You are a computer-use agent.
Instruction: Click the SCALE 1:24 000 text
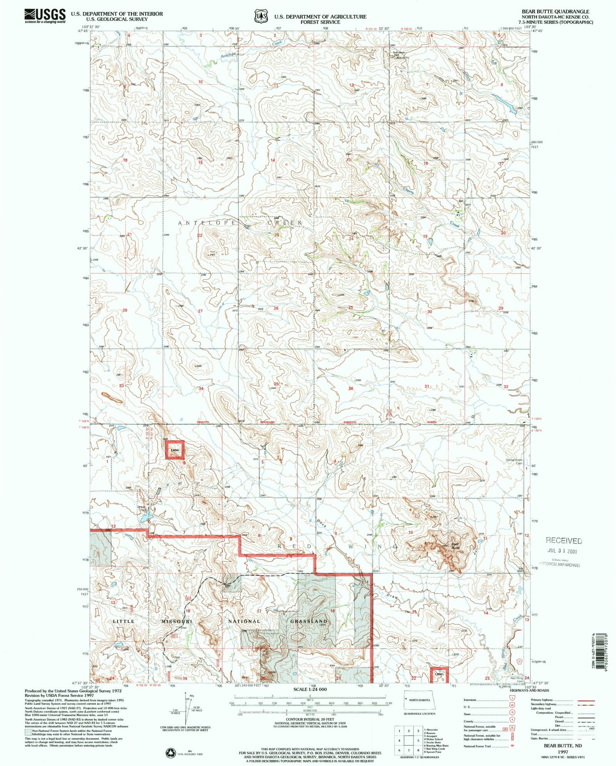pyautogui.click(x=310, y=689)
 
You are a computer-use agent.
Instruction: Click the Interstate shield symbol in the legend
pyautogui.click(x=513, y=700)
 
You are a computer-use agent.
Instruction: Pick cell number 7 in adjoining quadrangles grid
pyautogui.click(x=409, y=750)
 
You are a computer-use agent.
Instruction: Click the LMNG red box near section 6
pyautogui.click(x=175, y=450)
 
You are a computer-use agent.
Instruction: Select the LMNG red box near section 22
pyautogui.click(x=439, y=674)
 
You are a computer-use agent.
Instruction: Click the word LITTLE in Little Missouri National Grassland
pyautogui.click(x=123, y=621)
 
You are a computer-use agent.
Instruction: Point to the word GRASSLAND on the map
pyautogui.click(x=309, y=621)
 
